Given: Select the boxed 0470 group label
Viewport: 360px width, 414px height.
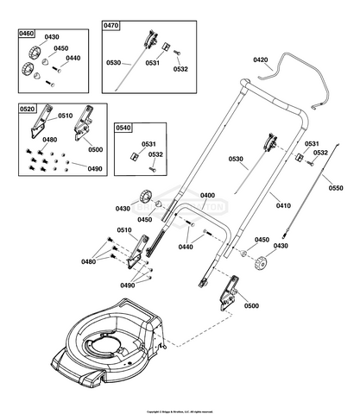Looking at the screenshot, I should coord(111,27).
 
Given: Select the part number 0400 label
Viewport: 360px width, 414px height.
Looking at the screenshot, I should coord(207,196).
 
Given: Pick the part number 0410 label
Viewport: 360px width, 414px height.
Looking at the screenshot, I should coord(283,206).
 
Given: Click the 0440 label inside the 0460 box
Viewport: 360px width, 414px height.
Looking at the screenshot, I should coord(73,58).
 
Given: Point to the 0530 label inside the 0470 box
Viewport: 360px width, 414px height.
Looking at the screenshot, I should coord(115,63).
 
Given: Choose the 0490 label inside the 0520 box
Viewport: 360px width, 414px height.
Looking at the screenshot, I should coord(93,168).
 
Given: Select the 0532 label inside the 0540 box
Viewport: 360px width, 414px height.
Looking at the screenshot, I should coord(155,155).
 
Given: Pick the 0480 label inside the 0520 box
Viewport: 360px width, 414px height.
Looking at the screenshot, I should coord(50,140).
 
